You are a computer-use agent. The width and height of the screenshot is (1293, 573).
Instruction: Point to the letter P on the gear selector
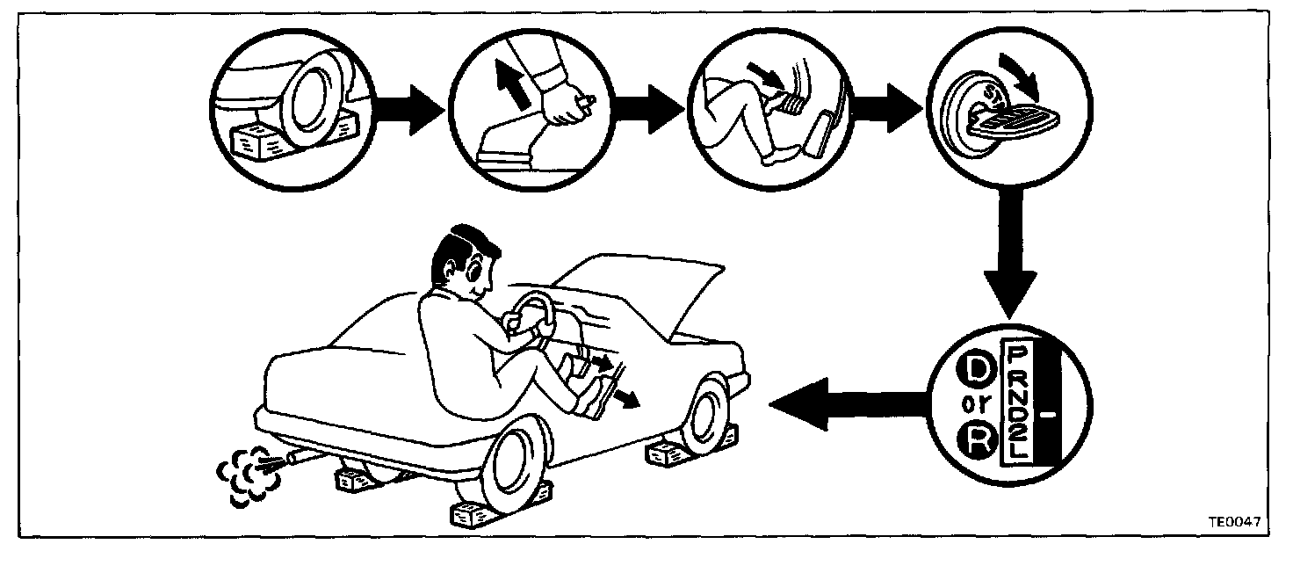pyautogui.click(x=1016, y=355)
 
